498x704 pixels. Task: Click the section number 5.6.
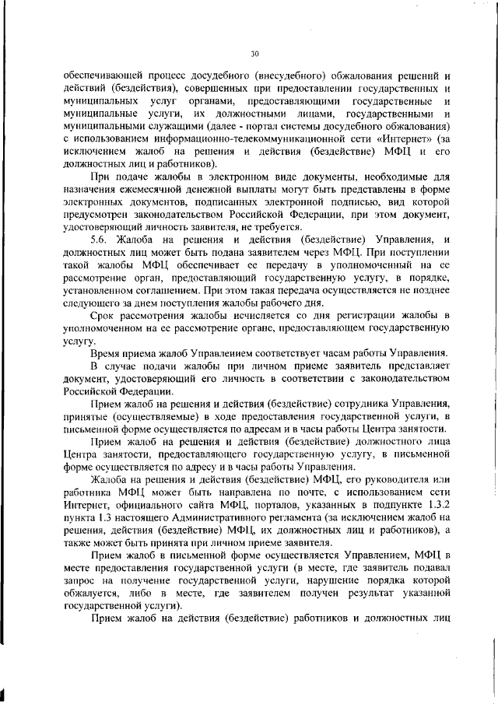pyautogui.click(x=99, y=238)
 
